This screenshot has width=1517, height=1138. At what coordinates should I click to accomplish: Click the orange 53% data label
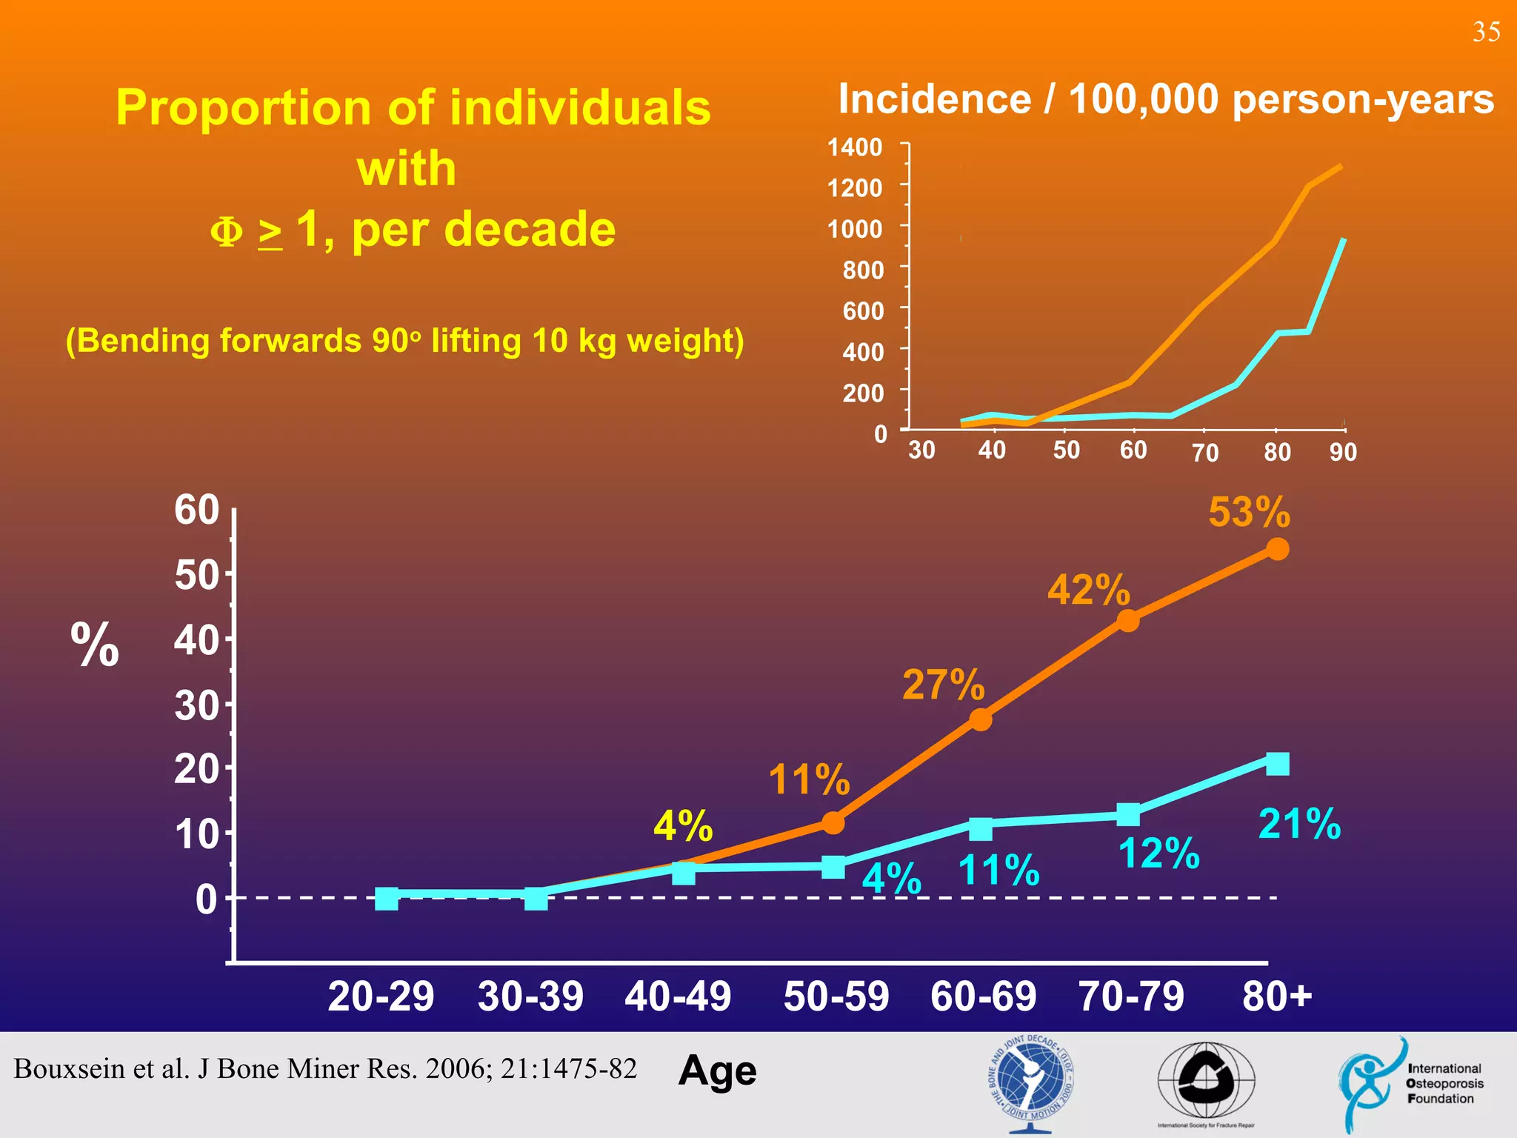[1249, 512]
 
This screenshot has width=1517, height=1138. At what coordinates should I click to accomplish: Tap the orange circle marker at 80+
[1277, 549]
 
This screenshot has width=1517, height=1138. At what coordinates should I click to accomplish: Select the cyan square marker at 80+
[1277, 763]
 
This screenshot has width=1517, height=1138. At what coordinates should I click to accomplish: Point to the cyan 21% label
[1299, 824]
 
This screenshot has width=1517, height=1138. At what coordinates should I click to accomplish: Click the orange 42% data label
[1088, 590]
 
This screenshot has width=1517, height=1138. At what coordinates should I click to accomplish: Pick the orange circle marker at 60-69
[980, 719]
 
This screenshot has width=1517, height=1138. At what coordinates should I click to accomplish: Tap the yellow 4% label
[682, 825]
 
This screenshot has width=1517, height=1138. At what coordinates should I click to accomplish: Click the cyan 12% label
[1158, 853]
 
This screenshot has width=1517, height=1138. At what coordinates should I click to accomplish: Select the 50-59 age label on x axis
[836, 996]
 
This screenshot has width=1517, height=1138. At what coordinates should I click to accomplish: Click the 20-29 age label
[381, 996]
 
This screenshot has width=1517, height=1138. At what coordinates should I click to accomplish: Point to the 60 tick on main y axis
[197, 510]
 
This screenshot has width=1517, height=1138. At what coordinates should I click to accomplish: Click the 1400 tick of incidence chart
[855, 147]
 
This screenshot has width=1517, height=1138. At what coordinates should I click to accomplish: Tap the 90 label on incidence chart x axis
[1342, 452]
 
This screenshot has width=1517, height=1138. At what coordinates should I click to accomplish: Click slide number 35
[1486, 33]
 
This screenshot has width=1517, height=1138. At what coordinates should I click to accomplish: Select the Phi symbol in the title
[227, 231]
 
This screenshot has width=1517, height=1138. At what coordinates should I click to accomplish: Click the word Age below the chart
[717, 1071]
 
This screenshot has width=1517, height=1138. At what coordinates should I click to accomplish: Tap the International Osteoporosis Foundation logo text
[1444, 1083]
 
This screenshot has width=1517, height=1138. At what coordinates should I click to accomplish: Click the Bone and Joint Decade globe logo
[1030, 1082]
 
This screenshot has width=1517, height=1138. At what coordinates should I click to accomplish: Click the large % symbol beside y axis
[95, 645]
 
